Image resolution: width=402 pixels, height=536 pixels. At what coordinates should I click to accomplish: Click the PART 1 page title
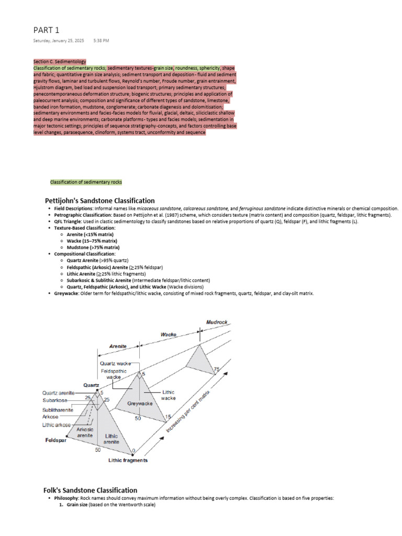tap(47, 30)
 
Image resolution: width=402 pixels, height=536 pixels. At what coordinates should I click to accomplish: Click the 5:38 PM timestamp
tap(101, 40)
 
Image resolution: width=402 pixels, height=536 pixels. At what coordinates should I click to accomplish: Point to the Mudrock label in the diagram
tap(216, 322)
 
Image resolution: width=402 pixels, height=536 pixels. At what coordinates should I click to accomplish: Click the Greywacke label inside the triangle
tap(140, 404)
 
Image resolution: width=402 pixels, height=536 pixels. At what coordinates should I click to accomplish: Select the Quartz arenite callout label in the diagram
tap(59, 392)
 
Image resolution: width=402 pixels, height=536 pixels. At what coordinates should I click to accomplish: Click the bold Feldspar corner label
tap(54, 441)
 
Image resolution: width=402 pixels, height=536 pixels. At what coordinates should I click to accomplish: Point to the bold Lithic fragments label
tap(128, 461)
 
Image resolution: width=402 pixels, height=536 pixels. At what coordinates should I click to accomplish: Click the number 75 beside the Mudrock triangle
tap(217, 370)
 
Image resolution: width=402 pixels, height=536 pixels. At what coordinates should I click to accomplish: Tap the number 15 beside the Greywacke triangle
tap(168, 417)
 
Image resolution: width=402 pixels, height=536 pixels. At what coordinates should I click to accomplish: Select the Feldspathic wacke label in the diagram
tap(114, 374)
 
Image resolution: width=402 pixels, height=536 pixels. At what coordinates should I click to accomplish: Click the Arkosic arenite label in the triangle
tap(85, 432)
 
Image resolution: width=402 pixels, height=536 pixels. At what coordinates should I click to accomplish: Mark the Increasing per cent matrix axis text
tap(188, 411)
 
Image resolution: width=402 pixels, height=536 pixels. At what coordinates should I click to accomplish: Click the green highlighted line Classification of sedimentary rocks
tap(86, 182)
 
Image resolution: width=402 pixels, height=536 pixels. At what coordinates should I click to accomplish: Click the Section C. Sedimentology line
tap(59, 62)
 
